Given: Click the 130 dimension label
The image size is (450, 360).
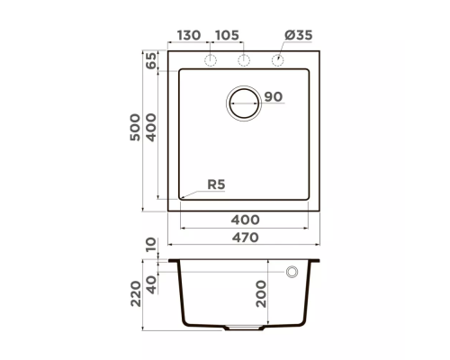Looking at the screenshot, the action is tap(189, 35).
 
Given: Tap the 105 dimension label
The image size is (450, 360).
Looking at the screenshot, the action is tap(227, 35).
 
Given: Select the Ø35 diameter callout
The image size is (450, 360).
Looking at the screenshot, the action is tap(299, 35).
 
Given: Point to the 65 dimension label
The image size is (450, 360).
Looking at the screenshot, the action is tap(151, 60).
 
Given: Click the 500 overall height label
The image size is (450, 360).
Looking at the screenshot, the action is tap(135, 127).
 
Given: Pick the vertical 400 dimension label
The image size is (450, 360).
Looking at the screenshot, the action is tap(151, 127).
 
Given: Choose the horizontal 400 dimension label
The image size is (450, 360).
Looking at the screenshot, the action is tap(245, 220).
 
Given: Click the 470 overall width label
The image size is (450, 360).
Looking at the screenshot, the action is tap(245, 238).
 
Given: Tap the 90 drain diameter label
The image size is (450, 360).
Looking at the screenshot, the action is tap(274, 96).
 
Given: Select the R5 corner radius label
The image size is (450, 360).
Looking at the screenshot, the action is tap(216, 184).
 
